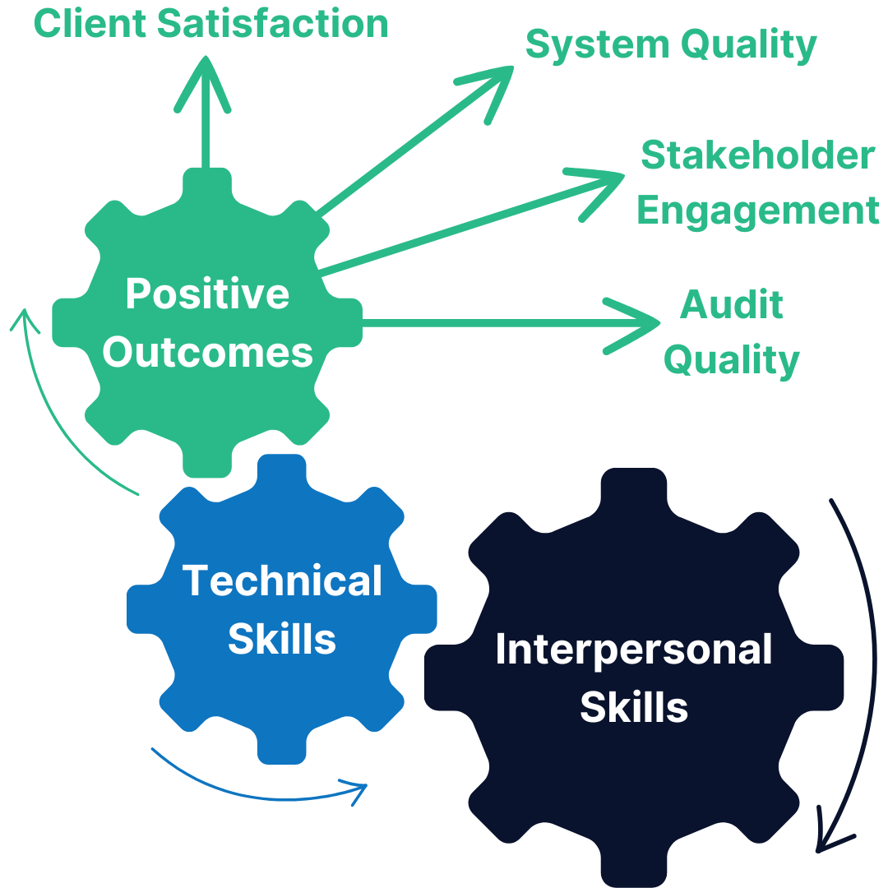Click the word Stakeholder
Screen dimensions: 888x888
[757, 155]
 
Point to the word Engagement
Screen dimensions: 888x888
[757, 210]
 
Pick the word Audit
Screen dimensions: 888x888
[731, 305]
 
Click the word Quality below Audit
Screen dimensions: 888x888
[731, 359]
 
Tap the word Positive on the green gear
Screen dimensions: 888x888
[207, 294]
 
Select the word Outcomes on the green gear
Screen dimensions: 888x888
[207, 352]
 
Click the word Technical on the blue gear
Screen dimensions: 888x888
[282, 580]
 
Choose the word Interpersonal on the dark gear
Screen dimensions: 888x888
[633, 650]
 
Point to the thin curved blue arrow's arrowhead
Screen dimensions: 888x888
[358, 791]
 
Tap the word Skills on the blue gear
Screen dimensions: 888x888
[282, 639]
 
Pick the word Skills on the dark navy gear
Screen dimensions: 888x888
[633, 707]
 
